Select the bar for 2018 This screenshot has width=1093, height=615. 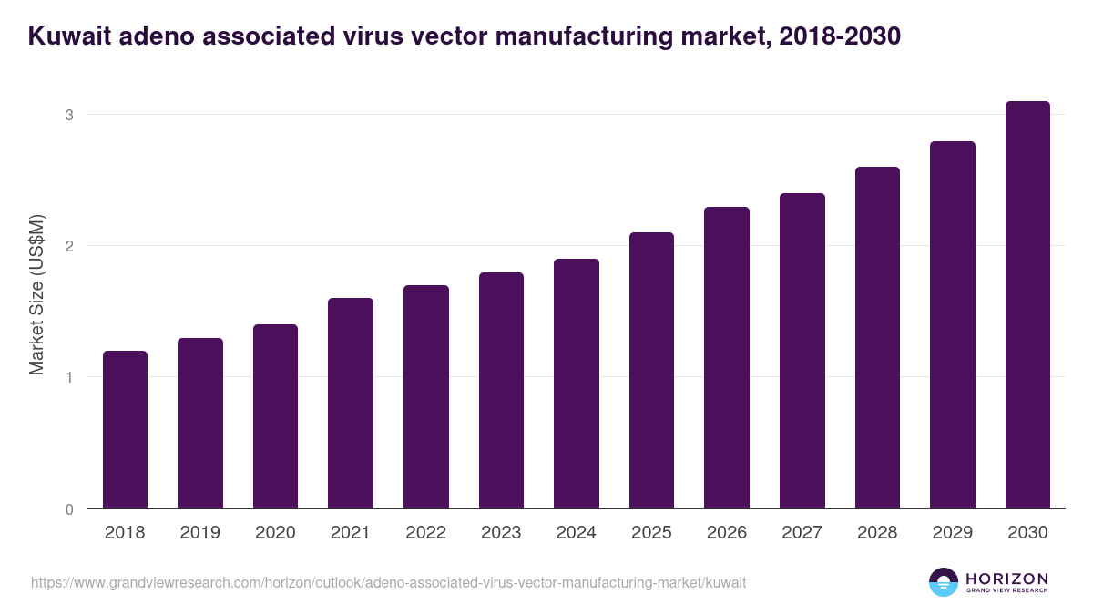click(125, 429)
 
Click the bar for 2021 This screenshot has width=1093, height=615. click(351, 403)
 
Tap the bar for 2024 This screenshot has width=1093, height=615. click(577, 384)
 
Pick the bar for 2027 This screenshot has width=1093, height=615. click(802, 351)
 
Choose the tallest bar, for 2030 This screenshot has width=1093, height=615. click(1027, 304)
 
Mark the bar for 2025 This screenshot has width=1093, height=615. click(651, 370)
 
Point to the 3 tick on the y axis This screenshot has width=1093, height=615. click(68, 115)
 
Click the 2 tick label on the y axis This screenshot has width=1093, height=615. click(68, 246)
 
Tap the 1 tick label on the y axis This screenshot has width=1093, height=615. click(68, 377)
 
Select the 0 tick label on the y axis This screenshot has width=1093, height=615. click(68, 509)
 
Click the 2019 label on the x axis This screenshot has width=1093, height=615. click(200, 533)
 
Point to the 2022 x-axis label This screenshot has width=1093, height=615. click(425, 533)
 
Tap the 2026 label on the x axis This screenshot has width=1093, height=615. click(727, 533)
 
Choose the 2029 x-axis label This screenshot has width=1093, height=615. click(953, 533)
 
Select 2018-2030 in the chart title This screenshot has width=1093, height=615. click(841, 36)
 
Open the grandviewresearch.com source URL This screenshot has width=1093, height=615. click(388, 582)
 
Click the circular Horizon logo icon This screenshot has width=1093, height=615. click(944, 582)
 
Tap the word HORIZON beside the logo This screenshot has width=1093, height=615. click(1006, 579)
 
